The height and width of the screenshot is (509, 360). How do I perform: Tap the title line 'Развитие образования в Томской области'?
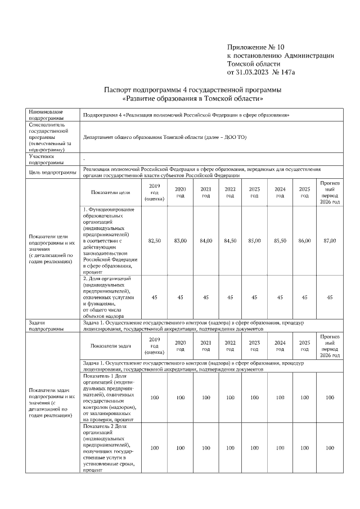coord(193,98)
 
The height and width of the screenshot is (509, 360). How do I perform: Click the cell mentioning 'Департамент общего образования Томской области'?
coord(164,137)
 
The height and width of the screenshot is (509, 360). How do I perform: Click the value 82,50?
coord(154,240)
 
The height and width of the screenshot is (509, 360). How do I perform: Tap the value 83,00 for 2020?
coord(180,240)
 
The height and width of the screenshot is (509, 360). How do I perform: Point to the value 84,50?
coord(230,240)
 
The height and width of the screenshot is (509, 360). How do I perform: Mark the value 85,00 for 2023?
coord(254,240)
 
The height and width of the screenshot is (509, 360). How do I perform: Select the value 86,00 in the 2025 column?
coord(304,240)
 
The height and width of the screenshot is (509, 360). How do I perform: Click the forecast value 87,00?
coord(330,240)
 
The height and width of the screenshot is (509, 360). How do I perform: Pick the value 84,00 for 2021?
coord(205,240)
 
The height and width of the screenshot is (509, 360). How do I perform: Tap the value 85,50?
coord(280,240)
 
